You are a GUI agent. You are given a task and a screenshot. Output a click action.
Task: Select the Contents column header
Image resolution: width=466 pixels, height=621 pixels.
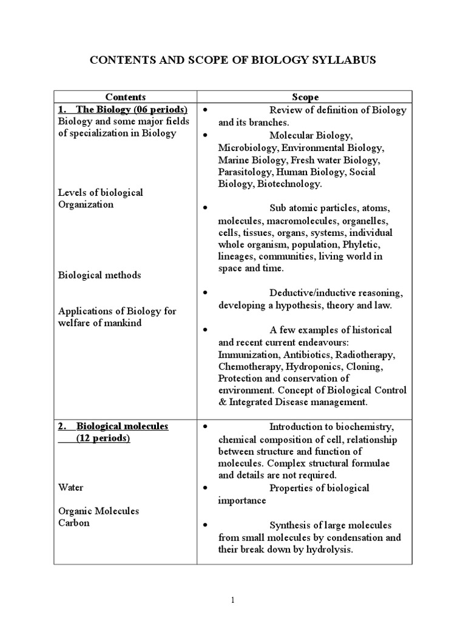pyautogui.click(x=126, y=97)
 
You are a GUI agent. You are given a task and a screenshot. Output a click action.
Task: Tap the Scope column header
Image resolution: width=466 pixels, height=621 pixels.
pyautogui.click(x=305, y=97)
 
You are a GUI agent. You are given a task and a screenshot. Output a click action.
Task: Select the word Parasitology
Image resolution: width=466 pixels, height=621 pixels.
pyautogui.click(x=246, y=172)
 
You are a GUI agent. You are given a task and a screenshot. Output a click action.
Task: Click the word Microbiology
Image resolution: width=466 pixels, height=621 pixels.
pyautogui.click(x=244, y=147)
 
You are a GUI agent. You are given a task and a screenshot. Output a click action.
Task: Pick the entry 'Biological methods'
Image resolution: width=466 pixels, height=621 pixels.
pyautogui.click(x=100, y=275)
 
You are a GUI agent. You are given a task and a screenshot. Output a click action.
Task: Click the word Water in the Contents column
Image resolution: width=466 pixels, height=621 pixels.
pyautogui.click(x=71, y=487)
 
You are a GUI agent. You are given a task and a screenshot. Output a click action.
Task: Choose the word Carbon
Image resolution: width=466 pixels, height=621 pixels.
pyautogui.click(x=74, y=523)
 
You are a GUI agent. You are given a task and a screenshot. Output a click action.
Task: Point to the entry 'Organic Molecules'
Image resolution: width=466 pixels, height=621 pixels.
pyautogui.click(x=98, y=511)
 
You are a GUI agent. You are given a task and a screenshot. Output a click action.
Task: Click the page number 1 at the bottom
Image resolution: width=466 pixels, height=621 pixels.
pyautogui.click(x=232, y=600)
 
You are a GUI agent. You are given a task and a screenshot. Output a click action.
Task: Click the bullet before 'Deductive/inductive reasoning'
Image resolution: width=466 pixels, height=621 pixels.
pyautogui.click(x=206, y=293)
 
